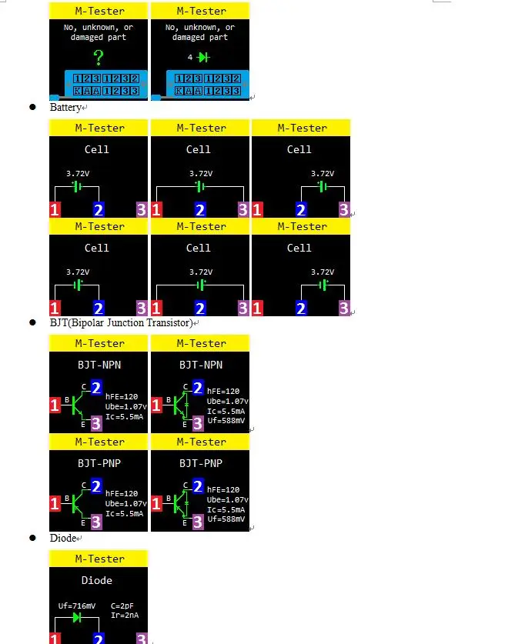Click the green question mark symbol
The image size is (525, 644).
[98, 58]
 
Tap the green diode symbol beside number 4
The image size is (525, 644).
[203, 58]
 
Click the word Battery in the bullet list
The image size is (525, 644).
[65, 107]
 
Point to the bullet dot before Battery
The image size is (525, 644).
[33, 107]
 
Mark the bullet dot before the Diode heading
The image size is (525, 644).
[33, 538]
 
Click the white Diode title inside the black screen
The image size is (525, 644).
[97, 580]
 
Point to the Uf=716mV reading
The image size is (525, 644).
[77, 606]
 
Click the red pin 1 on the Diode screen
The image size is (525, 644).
[55, 639]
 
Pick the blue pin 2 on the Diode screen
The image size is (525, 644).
[98, 639]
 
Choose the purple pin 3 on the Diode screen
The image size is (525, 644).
[141, 639]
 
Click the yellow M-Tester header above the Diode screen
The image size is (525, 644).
[98, 559]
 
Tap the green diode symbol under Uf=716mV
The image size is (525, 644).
[76, 617]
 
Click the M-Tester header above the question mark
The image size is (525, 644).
[98, 11]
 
